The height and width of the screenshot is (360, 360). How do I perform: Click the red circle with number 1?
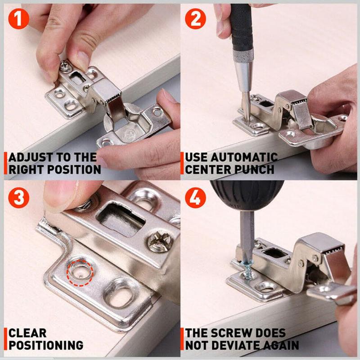point(18,18)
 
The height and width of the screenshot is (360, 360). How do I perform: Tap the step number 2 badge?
point(195,18)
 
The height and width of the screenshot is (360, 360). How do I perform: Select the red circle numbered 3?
point(18,198)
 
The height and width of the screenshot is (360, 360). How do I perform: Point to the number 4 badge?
point(195,198)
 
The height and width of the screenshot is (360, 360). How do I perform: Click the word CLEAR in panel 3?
point(27,333)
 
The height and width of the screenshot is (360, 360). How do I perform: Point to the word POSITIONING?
point(46,345)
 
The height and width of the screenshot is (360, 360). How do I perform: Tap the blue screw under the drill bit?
point(248,272)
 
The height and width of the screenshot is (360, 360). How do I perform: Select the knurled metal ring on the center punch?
point(243,56)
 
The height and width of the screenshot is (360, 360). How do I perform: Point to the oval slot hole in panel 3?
point(119,293)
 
